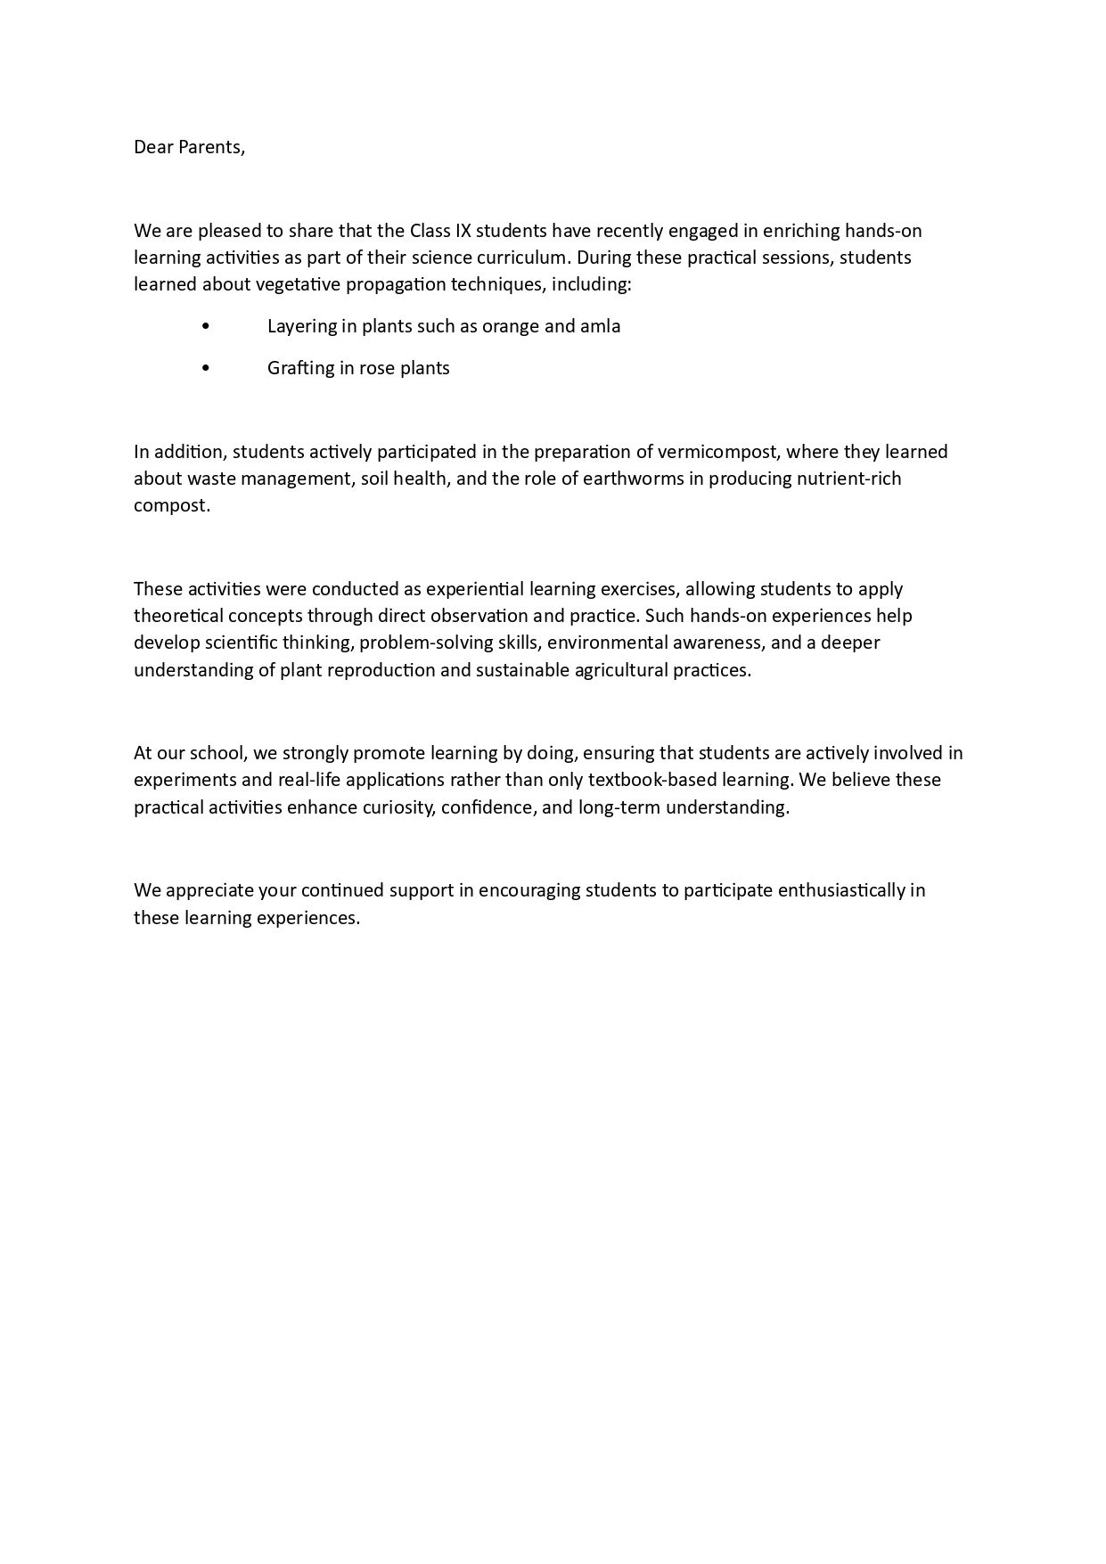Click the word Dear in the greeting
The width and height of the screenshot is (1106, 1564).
click(153, 147)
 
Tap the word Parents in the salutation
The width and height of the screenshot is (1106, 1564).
click(211, 147)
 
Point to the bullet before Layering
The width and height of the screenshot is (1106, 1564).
click(206, 326)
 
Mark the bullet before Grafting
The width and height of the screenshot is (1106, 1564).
click(206, 368)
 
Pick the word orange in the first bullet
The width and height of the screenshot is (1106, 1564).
click(511, 326)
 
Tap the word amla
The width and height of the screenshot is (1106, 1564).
click(600, 326)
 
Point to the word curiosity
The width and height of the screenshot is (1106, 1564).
click(394, 807)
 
